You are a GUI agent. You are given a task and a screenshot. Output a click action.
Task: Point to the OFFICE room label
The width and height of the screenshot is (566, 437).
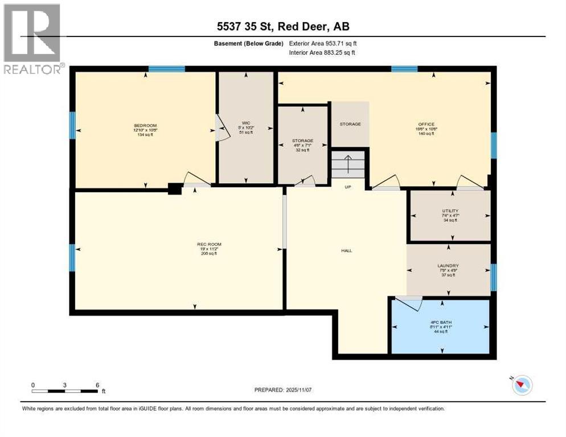coord(426,124)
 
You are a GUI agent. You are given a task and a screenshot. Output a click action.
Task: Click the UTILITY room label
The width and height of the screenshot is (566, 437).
coord(450,211)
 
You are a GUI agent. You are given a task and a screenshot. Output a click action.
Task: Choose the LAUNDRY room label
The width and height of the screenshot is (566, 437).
coord(448,266)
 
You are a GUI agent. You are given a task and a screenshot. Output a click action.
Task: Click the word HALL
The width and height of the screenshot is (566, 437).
coord(346,250)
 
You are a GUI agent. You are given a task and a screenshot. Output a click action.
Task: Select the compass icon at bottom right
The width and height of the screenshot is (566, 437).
coord(522,385)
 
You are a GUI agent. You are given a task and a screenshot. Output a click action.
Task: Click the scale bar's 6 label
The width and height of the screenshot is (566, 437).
coord(97,385)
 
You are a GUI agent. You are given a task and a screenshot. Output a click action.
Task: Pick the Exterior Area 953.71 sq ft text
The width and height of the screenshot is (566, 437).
coord(323,43)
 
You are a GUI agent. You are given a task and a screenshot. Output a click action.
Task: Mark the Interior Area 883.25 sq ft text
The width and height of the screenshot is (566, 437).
coord(323,53)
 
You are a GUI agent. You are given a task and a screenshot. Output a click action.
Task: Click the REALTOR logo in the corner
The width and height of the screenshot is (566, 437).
coord(32,39)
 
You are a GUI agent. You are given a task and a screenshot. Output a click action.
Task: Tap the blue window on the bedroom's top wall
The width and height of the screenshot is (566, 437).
coord(167,69)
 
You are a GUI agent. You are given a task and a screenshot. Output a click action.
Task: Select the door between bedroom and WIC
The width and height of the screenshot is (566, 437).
coord(218,128)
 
